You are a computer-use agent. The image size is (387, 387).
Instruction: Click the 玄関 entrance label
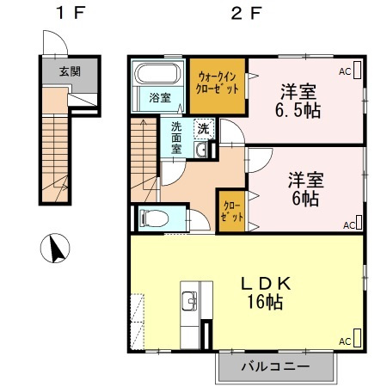coord(70,71)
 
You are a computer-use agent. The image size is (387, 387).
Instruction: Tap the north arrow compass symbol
coord(55,249)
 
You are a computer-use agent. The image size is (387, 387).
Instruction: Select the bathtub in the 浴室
coord(158,73)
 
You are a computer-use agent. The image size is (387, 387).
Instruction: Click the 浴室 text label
coord(160,98)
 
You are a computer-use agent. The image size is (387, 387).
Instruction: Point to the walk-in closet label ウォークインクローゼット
coord(218,83)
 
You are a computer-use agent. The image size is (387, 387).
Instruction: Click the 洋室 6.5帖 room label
coord(298,101)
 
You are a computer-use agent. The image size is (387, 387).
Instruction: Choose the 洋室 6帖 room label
coord(305,189)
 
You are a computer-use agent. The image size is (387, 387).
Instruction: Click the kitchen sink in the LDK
coord(189,301)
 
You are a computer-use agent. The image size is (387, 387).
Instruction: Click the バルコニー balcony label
coord(275,366)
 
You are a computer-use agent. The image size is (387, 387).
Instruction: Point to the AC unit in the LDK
coord(357,338)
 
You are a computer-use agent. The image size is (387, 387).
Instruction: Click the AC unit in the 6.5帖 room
coord(357,70)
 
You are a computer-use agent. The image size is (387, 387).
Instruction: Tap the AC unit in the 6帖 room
coord(359,223)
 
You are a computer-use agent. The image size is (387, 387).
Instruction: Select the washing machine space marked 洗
coord(204,128)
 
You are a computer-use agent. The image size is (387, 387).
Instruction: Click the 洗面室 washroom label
coord(176,138)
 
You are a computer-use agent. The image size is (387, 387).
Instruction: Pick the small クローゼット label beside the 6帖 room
coord(231,212)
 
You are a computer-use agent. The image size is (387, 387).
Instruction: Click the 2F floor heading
coord(246,13)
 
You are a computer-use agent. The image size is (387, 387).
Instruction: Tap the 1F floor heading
coord(71,13)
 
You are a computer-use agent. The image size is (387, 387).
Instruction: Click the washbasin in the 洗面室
coord(201,150)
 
